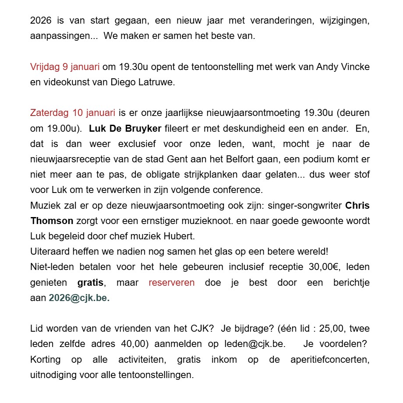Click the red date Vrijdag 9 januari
65,67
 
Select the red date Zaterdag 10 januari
72,113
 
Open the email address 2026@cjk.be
79,298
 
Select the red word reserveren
171,282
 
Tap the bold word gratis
90,282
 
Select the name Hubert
178,236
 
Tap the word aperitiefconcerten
330,359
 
